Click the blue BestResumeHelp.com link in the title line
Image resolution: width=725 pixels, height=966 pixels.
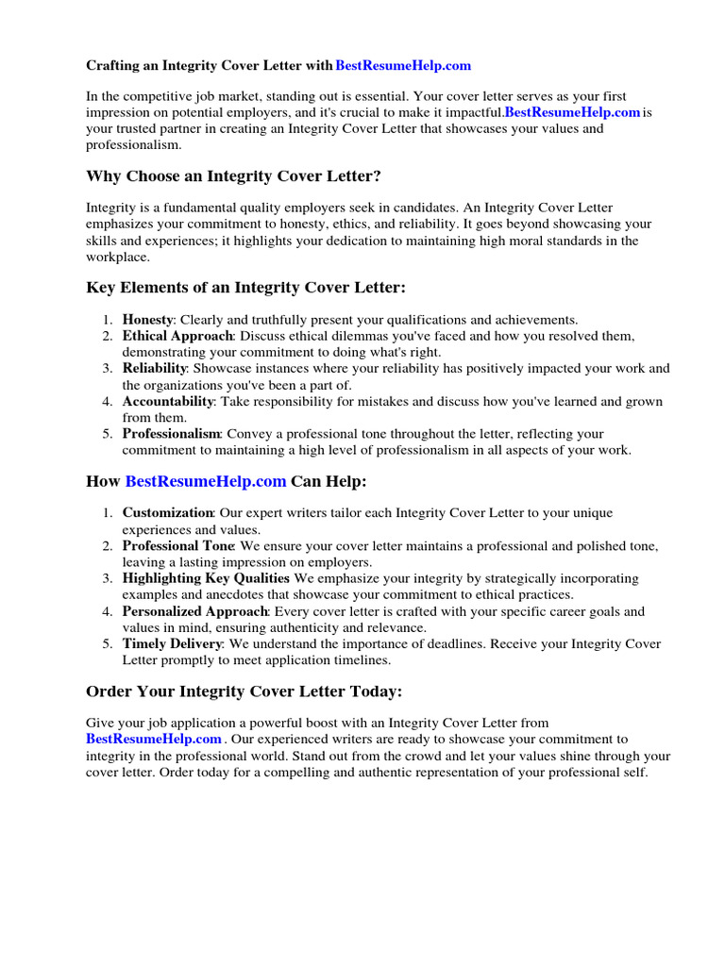403,66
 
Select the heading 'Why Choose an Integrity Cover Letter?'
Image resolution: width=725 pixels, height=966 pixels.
234,175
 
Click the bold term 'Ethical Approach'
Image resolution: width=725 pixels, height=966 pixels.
177,336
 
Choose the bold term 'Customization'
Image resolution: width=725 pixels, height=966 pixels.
168,512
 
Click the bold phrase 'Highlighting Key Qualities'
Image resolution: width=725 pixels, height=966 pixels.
207,577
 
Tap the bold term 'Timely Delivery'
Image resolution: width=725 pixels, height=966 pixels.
172,643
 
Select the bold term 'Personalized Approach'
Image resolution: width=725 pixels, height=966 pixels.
195,611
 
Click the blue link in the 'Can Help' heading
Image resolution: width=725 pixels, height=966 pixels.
206,481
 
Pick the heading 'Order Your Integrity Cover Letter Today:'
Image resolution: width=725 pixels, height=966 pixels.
244,691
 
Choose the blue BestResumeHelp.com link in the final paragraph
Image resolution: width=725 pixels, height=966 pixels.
155,740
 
